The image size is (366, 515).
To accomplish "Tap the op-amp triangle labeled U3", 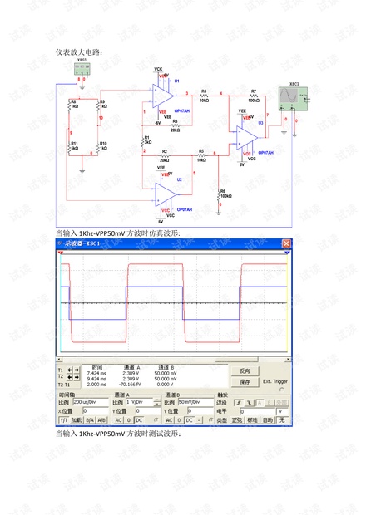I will click(x=246, y=135).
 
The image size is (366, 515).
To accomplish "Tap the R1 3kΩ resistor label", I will click(x=146, y=140).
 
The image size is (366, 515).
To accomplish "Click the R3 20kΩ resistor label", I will click(x=175, y=126).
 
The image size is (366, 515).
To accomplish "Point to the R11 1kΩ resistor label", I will click(x=74, y=145).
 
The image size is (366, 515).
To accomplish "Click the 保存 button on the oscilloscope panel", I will click(x=245, y=381).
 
